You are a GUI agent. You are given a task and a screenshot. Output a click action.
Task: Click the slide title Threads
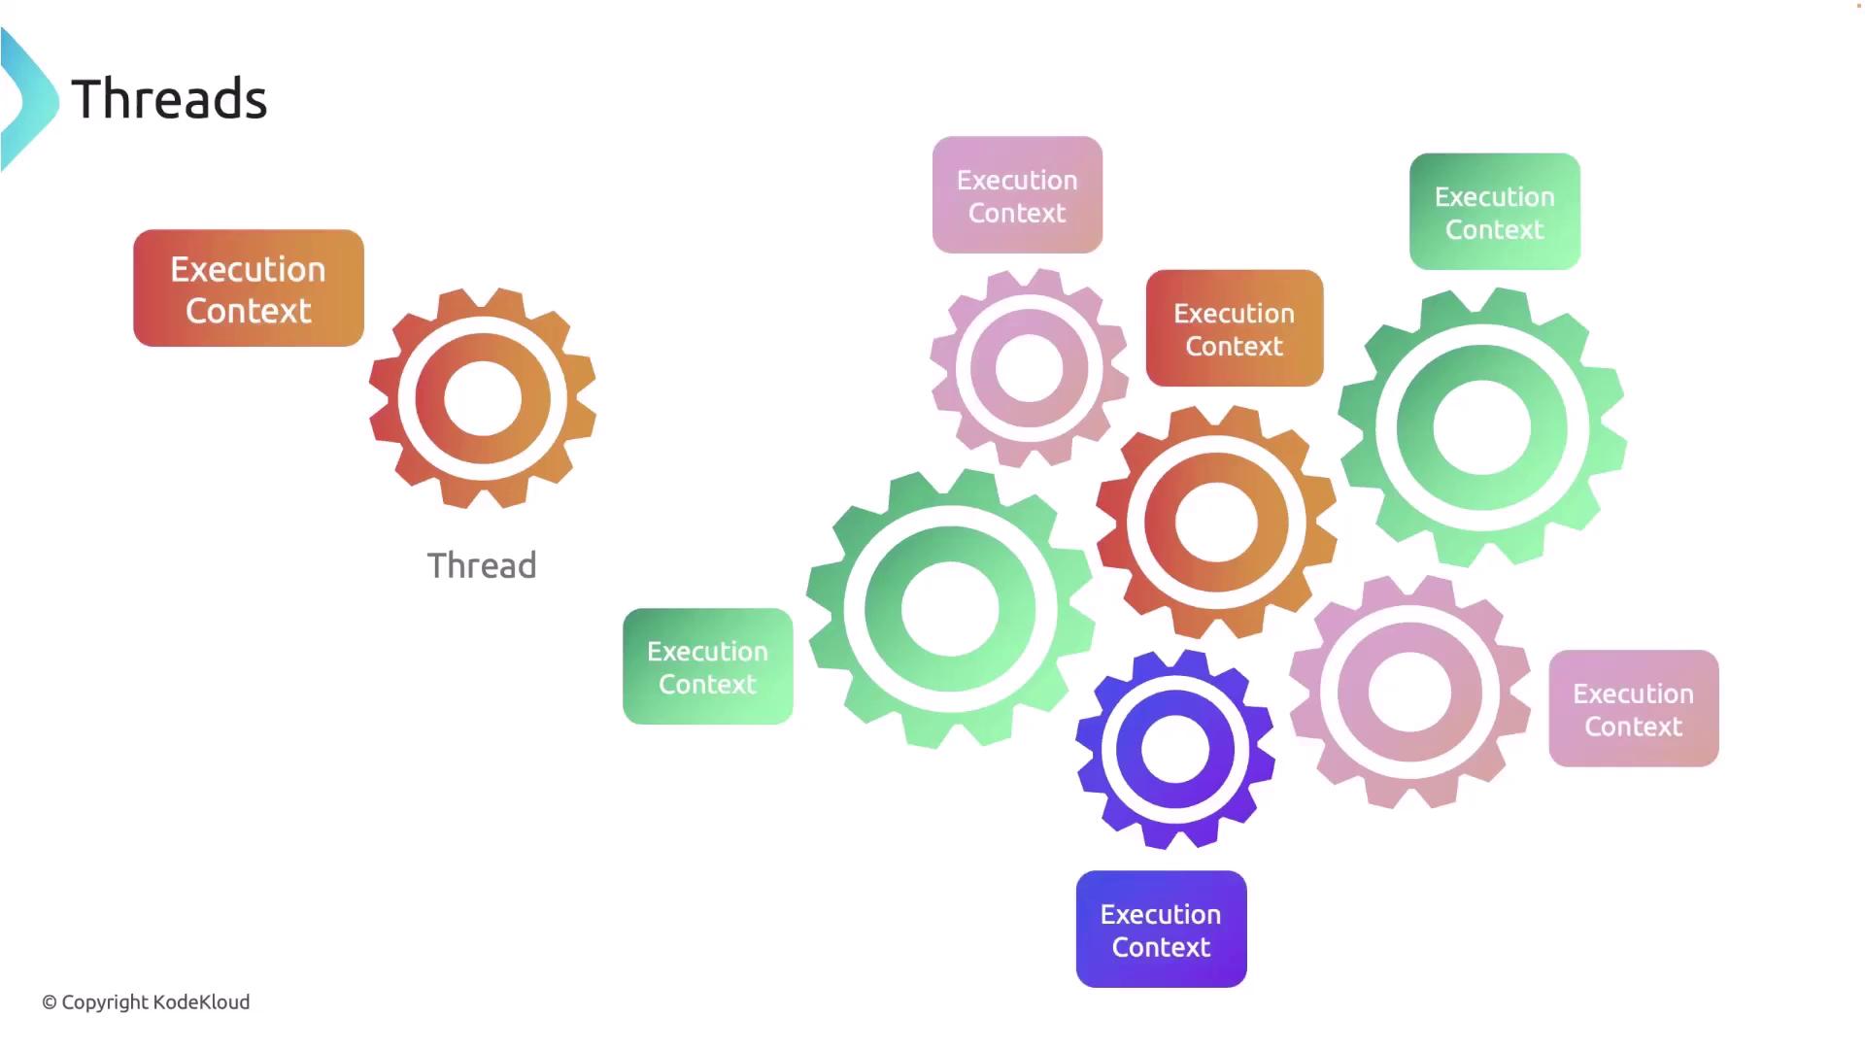coord(169,99)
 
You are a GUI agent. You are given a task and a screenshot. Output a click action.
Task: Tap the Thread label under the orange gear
coord(482,565)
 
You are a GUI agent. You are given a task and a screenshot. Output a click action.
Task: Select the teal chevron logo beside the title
coord(29,99)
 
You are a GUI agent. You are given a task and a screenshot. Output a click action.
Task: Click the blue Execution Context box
coord(1161,930)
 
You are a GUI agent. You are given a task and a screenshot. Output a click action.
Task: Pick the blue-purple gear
coord(1175,750)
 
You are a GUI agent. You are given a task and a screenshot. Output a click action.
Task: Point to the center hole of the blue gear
coord(1175,750)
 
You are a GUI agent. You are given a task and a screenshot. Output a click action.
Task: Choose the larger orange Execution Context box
coord(249,288)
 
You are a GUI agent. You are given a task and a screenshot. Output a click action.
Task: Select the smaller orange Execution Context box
coord(1235,328)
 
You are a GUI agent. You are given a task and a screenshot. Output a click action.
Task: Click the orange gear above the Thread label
coord(483,398)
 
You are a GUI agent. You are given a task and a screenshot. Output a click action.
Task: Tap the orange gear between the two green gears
coord(1216,522)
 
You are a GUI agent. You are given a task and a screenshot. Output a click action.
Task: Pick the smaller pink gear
coord(1030,368)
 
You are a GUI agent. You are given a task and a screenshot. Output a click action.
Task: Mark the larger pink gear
coord(1409,692)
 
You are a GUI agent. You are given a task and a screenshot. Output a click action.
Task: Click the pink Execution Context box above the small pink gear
coord(1017,195)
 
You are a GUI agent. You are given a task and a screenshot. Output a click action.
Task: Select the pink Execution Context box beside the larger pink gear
coord(1634,709)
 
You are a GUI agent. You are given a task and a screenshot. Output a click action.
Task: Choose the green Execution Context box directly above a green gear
coord(1495,212)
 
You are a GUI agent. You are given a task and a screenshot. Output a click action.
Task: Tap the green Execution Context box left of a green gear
coord(708,666)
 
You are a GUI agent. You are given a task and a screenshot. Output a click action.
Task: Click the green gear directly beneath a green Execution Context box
coord(1482,427)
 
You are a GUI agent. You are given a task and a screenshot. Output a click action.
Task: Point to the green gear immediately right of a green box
coord(950,609)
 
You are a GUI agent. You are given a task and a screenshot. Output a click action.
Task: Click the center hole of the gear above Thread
coord(483,398)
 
